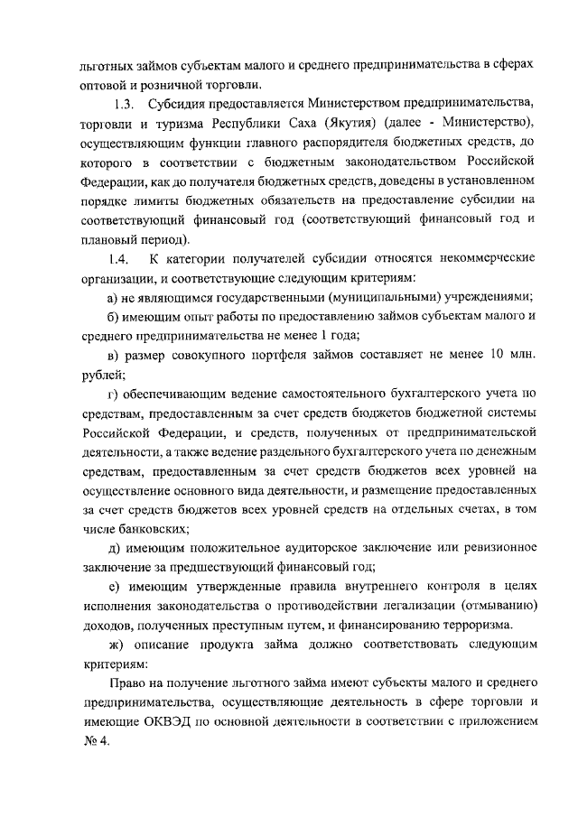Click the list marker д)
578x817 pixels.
pos(114,550)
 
